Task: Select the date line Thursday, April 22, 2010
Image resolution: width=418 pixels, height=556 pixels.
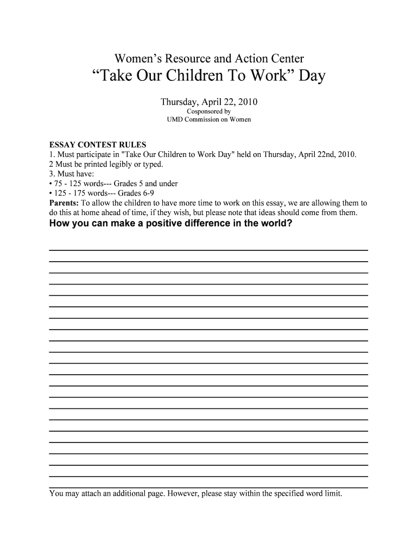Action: (x=208, y=102)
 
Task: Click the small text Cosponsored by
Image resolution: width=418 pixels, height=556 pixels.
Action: (x=208, y=111)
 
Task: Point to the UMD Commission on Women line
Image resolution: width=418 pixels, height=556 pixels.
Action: (x=208, y=119)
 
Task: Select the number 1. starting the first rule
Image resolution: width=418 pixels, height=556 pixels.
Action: (x=52, y=155)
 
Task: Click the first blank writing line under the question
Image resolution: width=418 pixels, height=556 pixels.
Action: (x=208, y=249)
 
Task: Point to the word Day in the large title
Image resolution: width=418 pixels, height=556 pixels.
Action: (x=310, y=77)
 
